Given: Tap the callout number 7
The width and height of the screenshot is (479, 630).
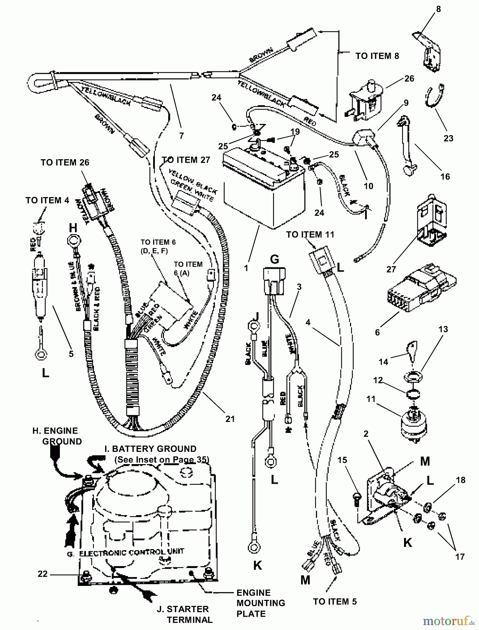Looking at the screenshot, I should point(181,135).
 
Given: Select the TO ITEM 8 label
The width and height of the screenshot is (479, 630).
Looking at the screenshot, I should point(377,56).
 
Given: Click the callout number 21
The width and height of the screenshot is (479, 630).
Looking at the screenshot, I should point(230,419).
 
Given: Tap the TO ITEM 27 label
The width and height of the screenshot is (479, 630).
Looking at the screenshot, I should point(186,160).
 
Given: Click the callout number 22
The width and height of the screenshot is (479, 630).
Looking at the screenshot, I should point(42,574).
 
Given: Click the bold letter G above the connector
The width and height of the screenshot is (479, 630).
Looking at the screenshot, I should point(274,260).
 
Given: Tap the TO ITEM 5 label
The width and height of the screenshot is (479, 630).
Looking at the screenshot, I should point(335,601).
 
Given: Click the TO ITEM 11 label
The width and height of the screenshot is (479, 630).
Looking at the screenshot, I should point(310,234).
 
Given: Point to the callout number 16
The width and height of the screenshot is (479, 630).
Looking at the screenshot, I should point(445,176).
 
